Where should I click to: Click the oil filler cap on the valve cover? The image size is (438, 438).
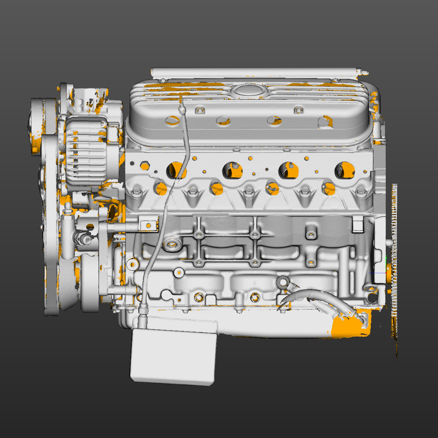click(x=247, y=90)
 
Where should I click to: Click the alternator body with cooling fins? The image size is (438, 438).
click(x=86, y=151)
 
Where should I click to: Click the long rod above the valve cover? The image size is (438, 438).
click(x=255, y=72)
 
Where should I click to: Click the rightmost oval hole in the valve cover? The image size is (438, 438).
click(x=325, y=121)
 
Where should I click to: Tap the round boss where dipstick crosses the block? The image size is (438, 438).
click(x=172, y=244)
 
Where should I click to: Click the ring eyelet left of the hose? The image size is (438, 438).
click(x=282, y=282)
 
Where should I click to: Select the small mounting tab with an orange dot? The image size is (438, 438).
click(x=148, y=226)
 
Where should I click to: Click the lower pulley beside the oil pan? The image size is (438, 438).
click(x=89, y=283)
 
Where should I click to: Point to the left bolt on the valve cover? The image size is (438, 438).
click(x=199, y=109)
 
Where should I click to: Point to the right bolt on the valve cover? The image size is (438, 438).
click(x=299, y=109)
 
